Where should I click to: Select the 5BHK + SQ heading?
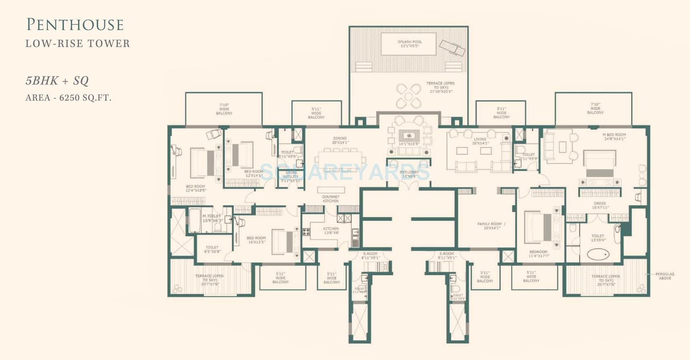coord(57,81)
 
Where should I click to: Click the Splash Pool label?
coord(409,44)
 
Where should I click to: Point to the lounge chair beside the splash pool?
coord(451,48)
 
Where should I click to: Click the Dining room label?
coord(340,140)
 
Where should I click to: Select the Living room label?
coord(480,141)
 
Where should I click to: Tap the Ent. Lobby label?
coord(409,174)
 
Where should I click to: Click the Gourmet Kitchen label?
coord(330,199)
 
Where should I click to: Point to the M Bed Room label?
coord(614,137)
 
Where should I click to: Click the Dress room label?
coord(600,206)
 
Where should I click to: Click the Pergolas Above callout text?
coord(665,276)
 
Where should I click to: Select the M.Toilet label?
coord(211,218)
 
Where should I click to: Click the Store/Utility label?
coord(291,176)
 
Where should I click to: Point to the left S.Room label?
coord(370,255)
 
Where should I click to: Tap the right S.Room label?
coord(446,255)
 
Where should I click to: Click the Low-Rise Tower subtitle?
coord(78,44)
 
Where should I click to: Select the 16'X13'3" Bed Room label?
coord(256,240)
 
